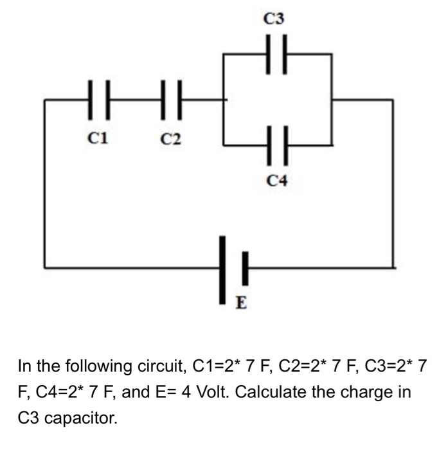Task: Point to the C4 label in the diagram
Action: click(x=277, y=182)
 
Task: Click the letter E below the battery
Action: click(x=242, y=301)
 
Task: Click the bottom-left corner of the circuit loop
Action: click(x=44, y=266)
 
